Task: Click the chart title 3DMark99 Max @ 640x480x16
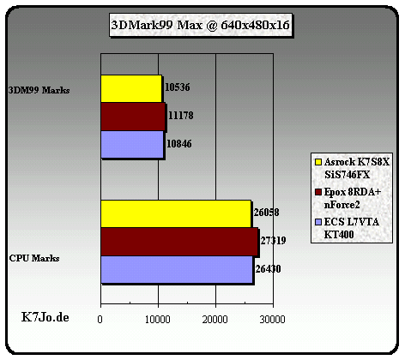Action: [x=200, y=25]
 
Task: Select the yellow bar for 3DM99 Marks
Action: [x=131, y=88]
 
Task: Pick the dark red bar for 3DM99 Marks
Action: [x=133, y=117]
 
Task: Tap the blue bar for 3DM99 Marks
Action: [x=132, y=144]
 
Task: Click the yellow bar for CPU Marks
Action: [x=176, y=214]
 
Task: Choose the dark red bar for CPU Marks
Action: [x=179, y=242]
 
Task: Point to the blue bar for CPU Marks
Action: [x=177, y=269]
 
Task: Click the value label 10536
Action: [x=178, y=87]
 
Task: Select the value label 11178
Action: [x=181, y=116]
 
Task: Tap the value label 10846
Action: [x=179, y=143]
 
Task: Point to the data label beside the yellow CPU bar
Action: [x=267, y=213]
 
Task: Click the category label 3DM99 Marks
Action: [x=39, y=90]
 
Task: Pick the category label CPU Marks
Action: [x=34, y=258]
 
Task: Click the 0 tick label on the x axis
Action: [x=100, y=319]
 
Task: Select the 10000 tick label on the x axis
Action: [x=158, y=319]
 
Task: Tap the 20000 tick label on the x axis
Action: [x=215, y=319]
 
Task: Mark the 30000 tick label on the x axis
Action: [x=272, y=319]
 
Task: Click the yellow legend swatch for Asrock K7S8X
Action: [x=318, y=162]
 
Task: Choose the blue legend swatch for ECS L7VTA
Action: [x=318, y=222]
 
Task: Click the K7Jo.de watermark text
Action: [x=45, y=317]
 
